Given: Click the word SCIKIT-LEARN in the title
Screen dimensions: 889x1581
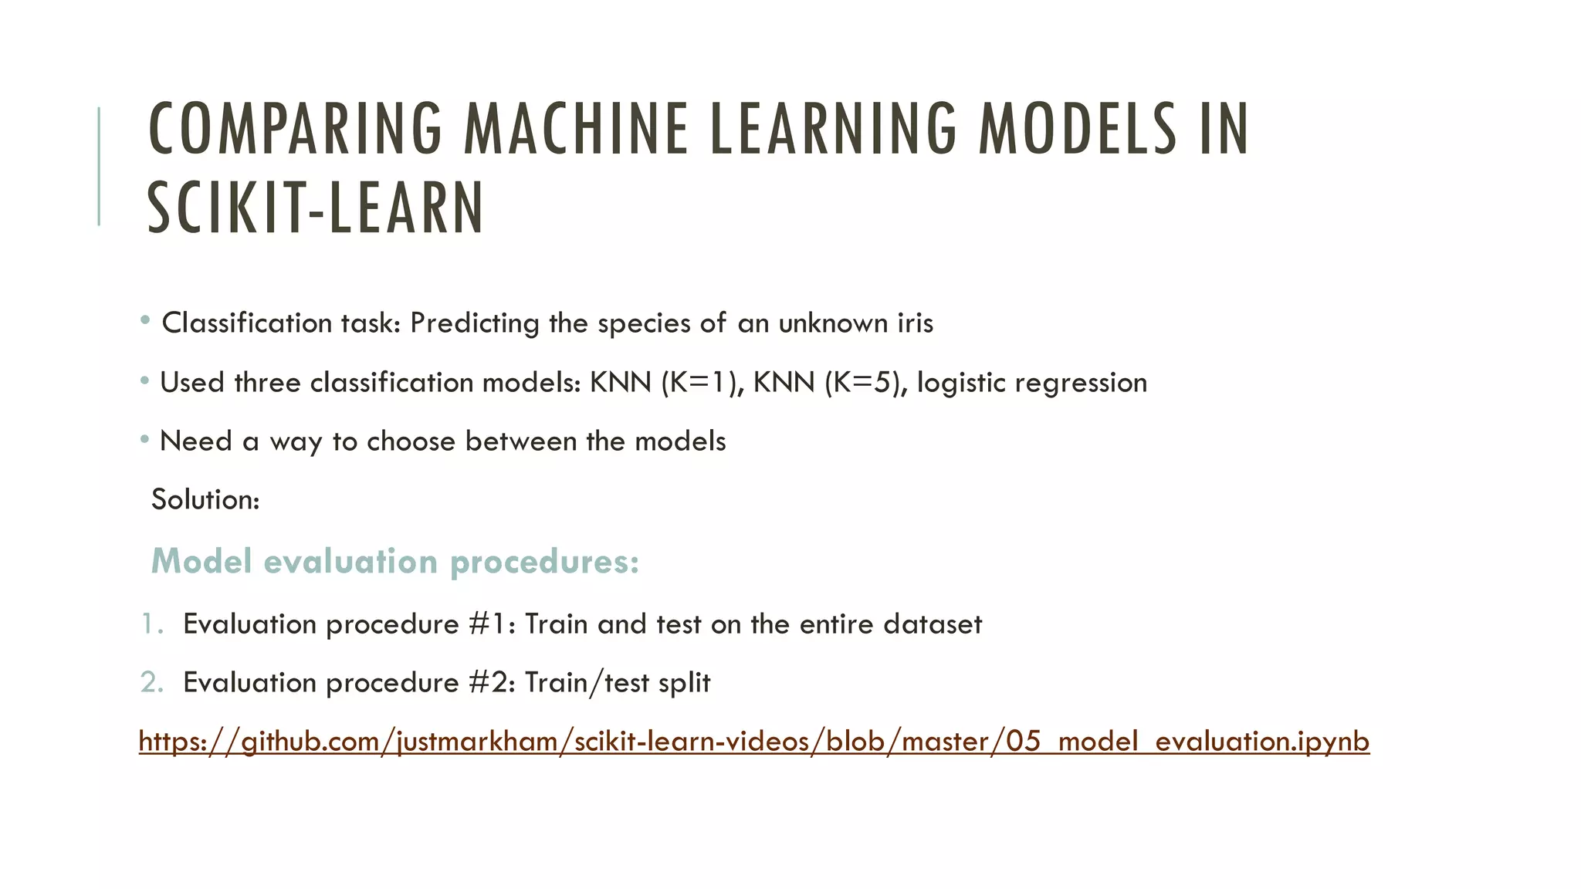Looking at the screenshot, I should coord(315,208).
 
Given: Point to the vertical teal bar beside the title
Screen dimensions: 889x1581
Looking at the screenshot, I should coord(99,166).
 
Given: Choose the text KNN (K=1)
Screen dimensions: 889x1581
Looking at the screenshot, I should coord(663,383).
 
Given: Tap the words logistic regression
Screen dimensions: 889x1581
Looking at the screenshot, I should coord(1032,383).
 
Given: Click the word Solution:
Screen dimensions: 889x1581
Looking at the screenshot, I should coord(205,500).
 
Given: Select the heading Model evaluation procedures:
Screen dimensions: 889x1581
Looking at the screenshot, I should coord(395,561).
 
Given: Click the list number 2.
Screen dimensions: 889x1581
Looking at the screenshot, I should coord(151,683).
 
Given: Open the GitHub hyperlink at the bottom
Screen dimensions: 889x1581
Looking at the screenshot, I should coord(753,742).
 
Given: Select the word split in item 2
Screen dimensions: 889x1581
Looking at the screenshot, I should coord(684,683).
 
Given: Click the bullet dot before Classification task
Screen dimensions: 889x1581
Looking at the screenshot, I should coord(145,320).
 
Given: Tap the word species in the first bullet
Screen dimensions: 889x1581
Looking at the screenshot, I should coord(644,323).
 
